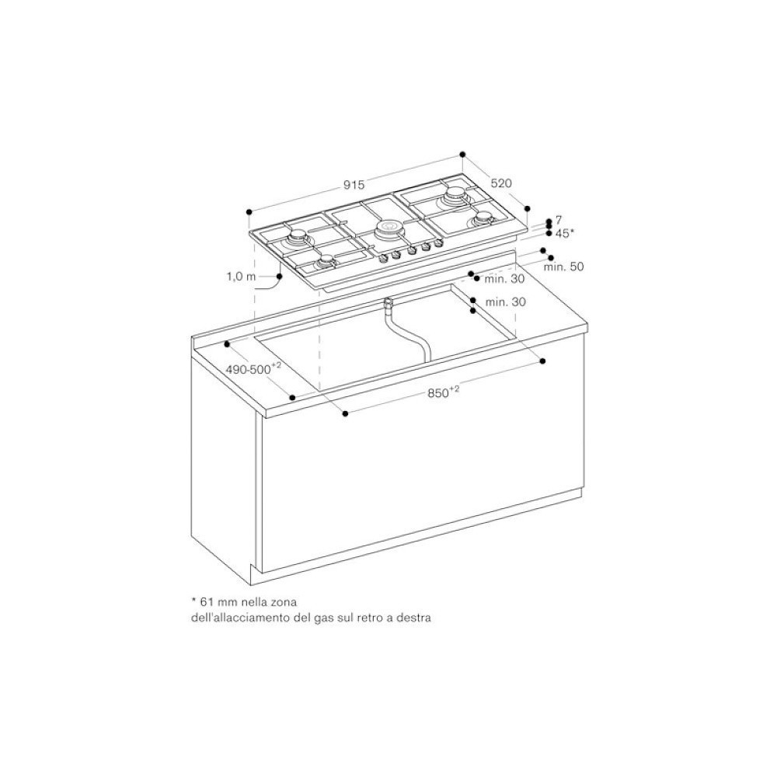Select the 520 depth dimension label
coord(501,183)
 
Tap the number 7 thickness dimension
coord(559,221)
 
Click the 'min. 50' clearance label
coord(563,267)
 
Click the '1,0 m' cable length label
coord(240,276)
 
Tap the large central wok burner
coord(388,229)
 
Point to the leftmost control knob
coord(382,258)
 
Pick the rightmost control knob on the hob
coord(439,244)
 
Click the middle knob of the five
coord(411,251)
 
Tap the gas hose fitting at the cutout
coord(388,303)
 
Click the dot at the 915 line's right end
coord(462,154)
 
